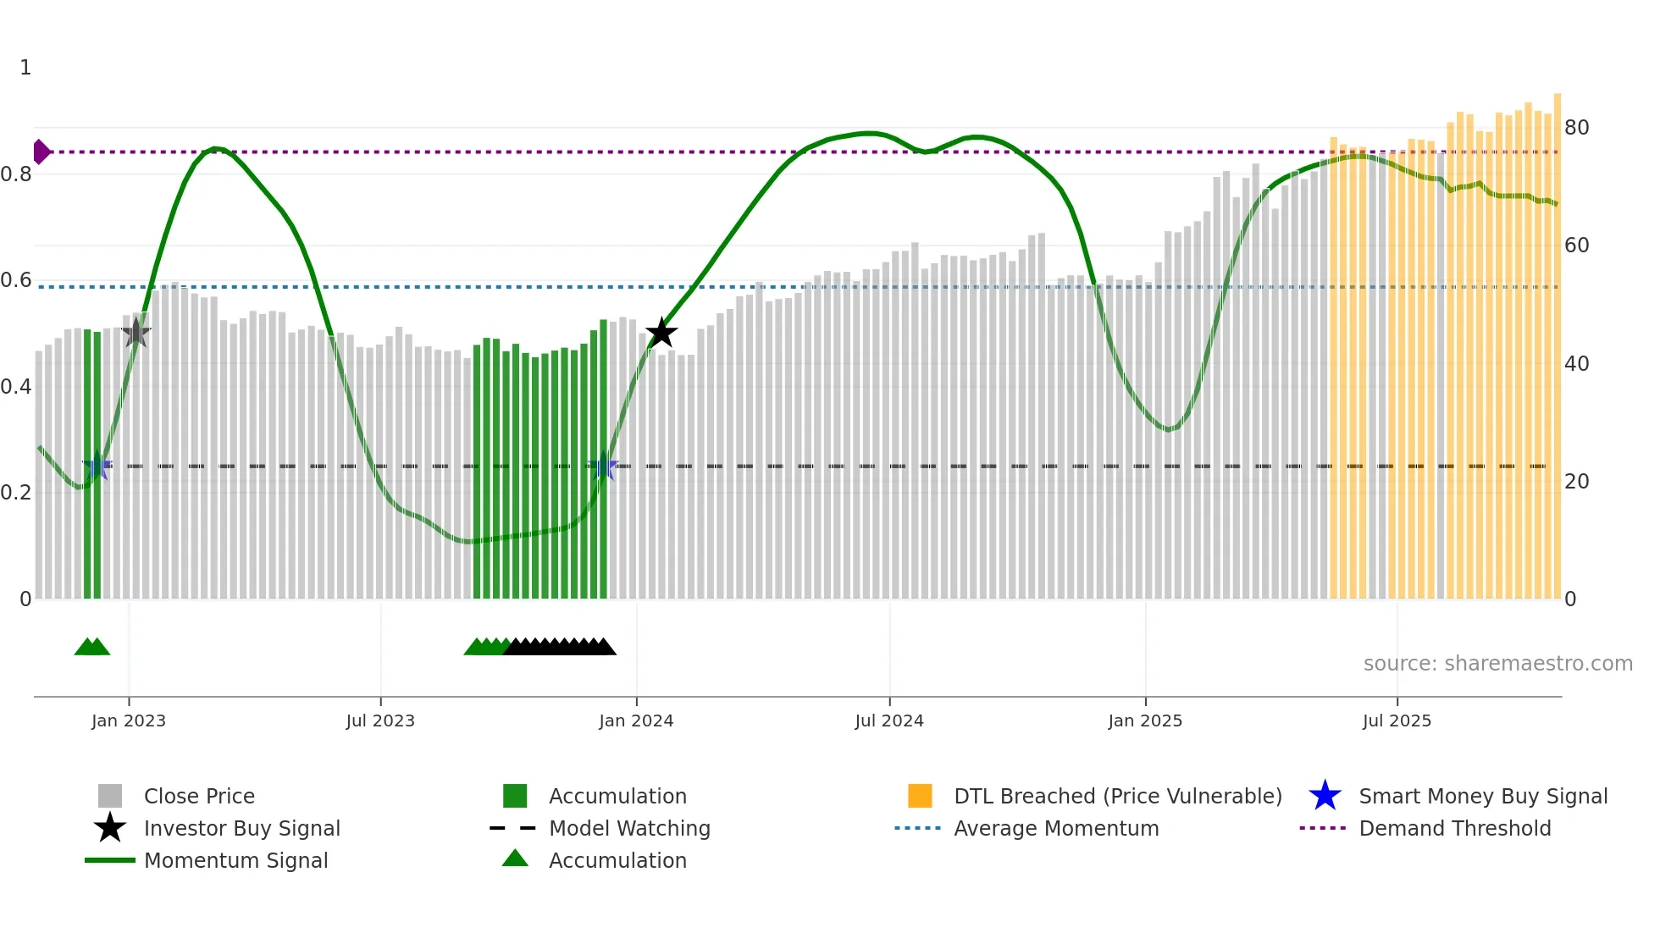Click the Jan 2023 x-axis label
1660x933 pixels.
pos(129,720)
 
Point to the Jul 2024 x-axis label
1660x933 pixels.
pos(889,720)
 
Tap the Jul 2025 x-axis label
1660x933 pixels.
pos(1397,720)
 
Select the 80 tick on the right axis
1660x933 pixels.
pos(1577,128)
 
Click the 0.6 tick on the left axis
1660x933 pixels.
pos(16,280)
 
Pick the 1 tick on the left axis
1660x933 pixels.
pos(25,68)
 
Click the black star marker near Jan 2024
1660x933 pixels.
pos(661,333)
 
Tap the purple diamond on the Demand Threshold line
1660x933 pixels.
pos(41,152)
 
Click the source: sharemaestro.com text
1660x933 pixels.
pos(1497,664)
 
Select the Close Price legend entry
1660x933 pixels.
pos(199,796)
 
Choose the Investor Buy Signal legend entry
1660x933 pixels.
pos(241,828)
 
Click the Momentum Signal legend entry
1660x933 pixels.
pos(235,860)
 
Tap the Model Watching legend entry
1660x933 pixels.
pos(629,828)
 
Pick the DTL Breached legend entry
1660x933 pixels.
pos(1117,796)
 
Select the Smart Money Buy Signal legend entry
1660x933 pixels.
pos(1483,796)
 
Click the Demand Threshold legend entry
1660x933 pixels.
pos(1454,828)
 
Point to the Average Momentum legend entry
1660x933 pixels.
pos(1056,828)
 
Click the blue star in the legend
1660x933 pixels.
pos(1325,796)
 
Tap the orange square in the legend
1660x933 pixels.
pos(920,796)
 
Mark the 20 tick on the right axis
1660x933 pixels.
pos(1577,482)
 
